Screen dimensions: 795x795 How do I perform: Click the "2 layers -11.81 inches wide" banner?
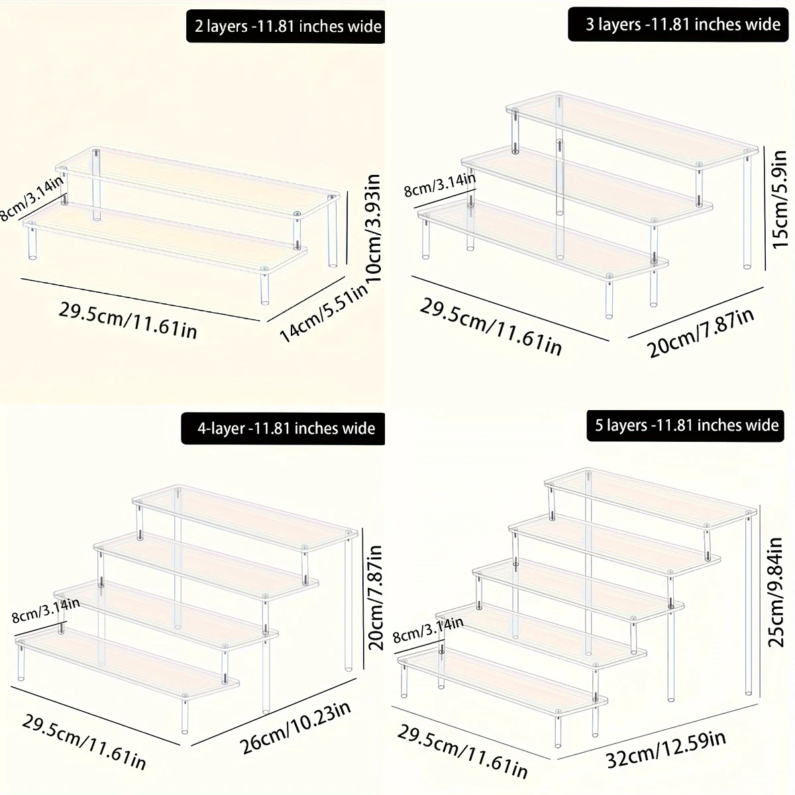tap(286, 26)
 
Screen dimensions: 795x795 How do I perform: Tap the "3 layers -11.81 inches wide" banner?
tap(678, 25)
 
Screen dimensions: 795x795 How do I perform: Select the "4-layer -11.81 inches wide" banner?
tap(283, 428)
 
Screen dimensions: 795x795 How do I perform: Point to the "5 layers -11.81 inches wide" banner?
tap(685, 425)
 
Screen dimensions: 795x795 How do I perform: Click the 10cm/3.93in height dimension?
tap(374, 228)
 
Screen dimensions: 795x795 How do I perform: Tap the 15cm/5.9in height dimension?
tap(779, 199)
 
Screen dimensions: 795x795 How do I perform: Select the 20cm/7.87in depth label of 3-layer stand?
tap(700, 333)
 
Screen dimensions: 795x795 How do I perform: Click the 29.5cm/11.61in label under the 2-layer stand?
tap(128, 320)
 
